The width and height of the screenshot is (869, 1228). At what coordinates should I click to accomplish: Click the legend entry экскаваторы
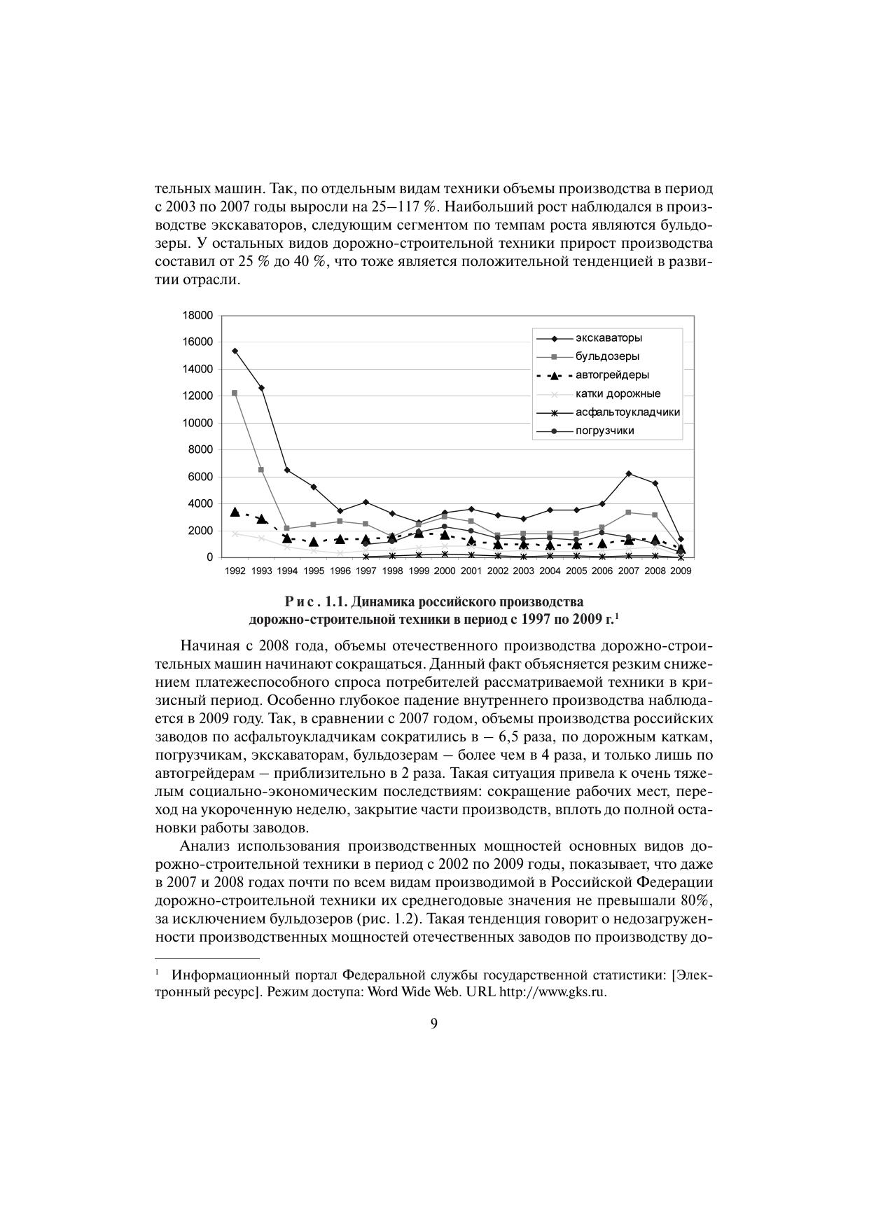click(609, 338)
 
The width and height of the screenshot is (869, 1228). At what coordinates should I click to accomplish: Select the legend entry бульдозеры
click(607, 356)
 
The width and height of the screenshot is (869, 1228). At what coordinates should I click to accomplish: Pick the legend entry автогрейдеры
click(612, 375)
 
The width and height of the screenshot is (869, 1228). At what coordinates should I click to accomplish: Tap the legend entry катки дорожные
click(618, 393)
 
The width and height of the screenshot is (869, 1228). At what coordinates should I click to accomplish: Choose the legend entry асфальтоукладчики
click(627, 412)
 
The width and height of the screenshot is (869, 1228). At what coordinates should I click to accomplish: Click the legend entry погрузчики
click(604, 431)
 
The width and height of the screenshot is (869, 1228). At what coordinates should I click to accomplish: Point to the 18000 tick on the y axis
click(197, 316)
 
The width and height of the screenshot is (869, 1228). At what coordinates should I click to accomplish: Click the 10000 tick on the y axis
click(197, 423)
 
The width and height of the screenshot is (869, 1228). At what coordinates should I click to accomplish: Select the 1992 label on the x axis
click(235, 571)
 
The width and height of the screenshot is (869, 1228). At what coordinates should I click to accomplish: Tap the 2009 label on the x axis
click(681, 571)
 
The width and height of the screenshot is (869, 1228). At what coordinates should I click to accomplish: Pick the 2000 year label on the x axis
click(445, 571)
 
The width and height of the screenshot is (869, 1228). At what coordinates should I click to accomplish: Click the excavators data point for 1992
click(235, 351)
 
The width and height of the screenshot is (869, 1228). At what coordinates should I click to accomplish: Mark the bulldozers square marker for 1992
click(235, 393)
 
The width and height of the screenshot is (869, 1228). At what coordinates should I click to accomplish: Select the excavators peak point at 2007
click(629, 473)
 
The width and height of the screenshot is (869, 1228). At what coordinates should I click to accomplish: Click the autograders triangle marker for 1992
click(235, 512)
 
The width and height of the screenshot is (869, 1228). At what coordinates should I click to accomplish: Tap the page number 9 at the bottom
click(434, 1024)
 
